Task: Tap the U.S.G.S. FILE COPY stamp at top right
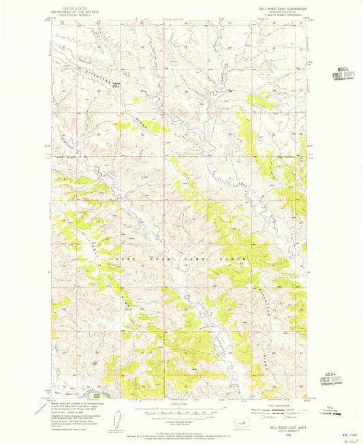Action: coord(338,73)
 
